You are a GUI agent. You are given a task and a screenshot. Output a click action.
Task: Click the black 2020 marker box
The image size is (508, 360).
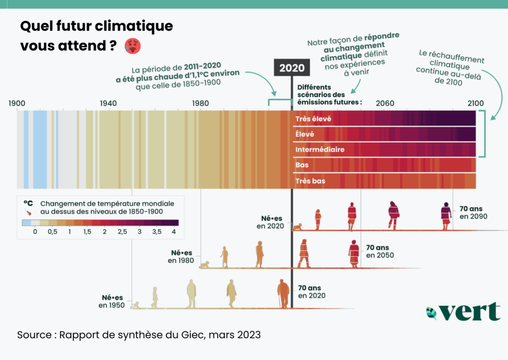292,68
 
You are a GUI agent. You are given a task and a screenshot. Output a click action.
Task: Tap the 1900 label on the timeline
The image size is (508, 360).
17,103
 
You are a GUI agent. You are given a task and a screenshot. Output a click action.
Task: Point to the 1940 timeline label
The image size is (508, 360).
108,103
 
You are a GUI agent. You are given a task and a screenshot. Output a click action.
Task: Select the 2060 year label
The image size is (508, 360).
385,103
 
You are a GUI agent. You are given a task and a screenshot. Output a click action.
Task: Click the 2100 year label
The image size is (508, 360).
475,103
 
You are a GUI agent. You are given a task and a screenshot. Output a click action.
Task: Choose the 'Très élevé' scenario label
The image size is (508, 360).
313,119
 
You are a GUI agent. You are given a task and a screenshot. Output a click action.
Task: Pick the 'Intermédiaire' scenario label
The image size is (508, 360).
319,149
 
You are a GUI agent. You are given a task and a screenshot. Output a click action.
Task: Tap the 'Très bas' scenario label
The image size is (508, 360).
310,181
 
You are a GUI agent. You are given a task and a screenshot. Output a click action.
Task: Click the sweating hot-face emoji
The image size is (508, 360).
133,46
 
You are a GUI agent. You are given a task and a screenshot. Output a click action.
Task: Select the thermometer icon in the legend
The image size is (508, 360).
28,211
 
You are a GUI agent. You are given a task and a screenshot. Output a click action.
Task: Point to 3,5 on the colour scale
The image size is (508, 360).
157,232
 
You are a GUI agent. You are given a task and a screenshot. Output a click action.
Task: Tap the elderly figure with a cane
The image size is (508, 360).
283,293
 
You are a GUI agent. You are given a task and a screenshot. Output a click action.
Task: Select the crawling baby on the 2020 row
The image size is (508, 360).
297,227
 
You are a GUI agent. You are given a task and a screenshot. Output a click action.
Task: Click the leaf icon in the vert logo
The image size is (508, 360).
431,313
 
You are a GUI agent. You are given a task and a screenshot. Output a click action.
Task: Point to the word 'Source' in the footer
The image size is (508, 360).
34,335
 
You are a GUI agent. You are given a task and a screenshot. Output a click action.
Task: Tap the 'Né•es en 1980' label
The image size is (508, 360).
182,256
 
